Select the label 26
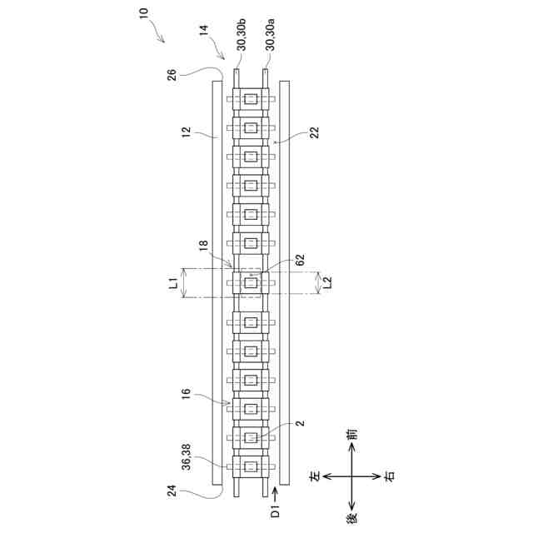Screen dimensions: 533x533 (x=172, y=75)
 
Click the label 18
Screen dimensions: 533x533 (x=204, y=247)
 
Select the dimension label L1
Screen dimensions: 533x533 (x=172, y=283)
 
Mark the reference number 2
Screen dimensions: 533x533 (x=300, y=424)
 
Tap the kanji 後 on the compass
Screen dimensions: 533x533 (x=353, y=519)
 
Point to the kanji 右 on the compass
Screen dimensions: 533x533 (x=389, y=476)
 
